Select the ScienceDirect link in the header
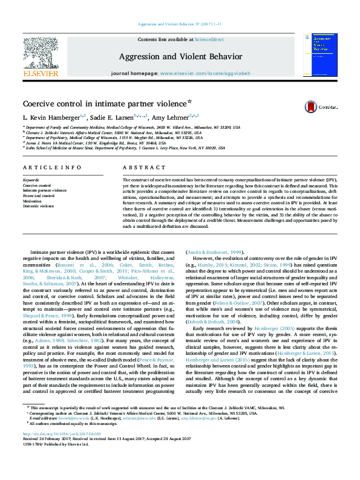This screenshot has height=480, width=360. (x=209, y=39)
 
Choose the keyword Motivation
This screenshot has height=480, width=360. (x=33, y=201)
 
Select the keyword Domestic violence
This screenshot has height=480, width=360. (x=38, y=206)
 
